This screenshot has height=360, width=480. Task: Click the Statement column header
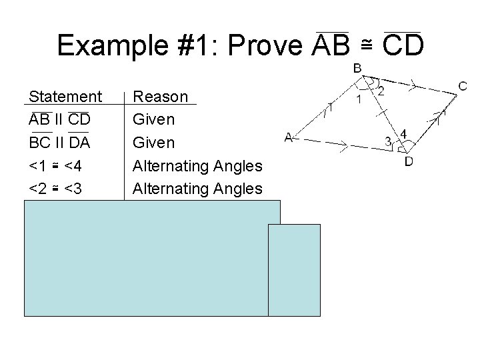pos(65,97)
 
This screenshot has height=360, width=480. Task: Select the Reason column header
pos(161,97)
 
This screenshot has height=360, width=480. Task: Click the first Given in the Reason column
pos(154,120)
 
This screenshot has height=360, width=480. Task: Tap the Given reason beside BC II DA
pos(154,143)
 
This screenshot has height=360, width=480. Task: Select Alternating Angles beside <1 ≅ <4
pos(198,166)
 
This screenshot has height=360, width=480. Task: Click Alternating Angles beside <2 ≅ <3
pos(198,189)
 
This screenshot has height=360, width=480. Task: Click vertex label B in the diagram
pos(357,69)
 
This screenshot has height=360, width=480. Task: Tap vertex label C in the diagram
pos(463,86)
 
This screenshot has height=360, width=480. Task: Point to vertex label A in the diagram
pos(289,138)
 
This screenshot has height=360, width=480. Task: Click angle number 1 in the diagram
pos(359,100)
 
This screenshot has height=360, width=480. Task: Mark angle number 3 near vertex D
pos(388,141)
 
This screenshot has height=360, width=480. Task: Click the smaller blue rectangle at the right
pos(294,269)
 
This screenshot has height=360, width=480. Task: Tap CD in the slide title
pos(402,45)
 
